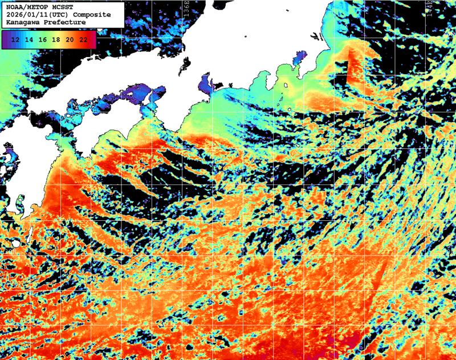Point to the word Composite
(x=91, y=14)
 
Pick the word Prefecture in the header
(x=65, y=22)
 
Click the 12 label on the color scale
(x=16, y=39)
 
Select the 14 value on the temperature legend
(x=29, y=39)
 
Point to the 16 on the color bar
(x=42, y=39)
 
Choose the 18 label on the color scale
(x=56, y=39)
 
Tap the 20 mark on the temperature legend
(x=69, y=39)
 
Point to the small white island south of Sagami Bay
(x=284, y=87)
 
